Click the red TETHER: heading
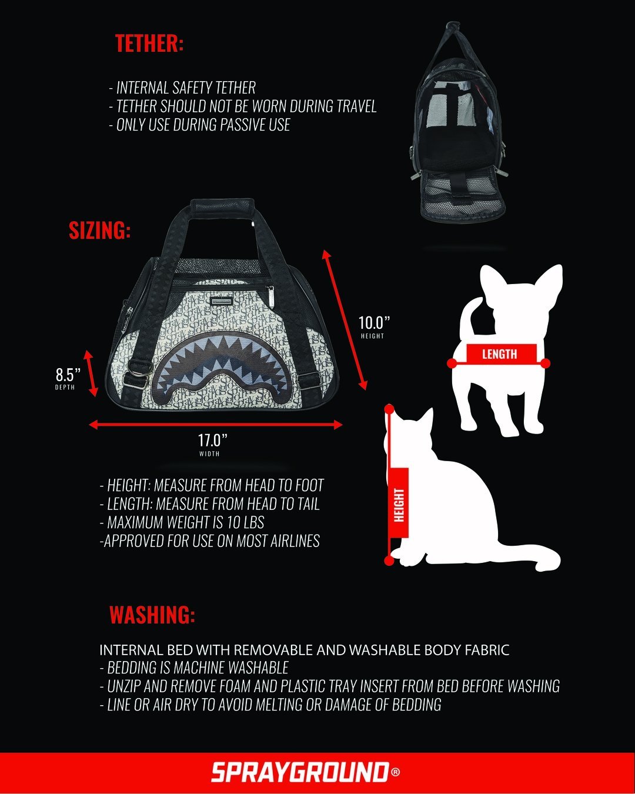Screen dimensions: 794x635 click(x=149, y=44)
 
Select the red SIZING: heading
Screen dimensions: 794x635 click(x=99, y=231)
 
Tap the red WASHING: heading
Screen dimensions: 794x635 click(x=152, y=615)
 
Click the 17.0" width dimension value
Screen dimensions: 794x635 click(x=212, y=440)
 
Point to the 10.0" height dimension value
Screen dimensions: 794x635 click(x=374, y=323)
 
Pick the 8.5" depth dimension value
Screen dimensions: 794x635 click(x=68, y=375)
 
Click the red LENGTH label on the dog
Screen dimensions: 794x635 click(x=499, y=354)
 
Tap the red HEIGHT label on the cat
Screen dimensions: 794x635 click(x=399, y=505)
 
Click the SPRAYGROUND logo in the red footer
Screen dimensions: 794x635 click(x=300, y=772)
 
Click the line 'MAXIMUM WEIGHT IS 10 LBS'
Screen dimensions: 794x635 click(x=185, y=522)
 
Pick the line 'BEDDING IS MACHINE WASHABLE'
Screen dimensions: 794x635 click(x=197, y=668)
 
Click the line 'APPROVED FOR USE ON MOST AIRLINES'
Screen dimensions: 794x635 click(x=210, y=541)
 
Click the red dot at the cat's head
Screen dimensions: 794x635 click(x=389, y=408)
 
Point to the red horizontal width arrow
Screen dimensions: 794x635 click(x=215, y=425)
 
